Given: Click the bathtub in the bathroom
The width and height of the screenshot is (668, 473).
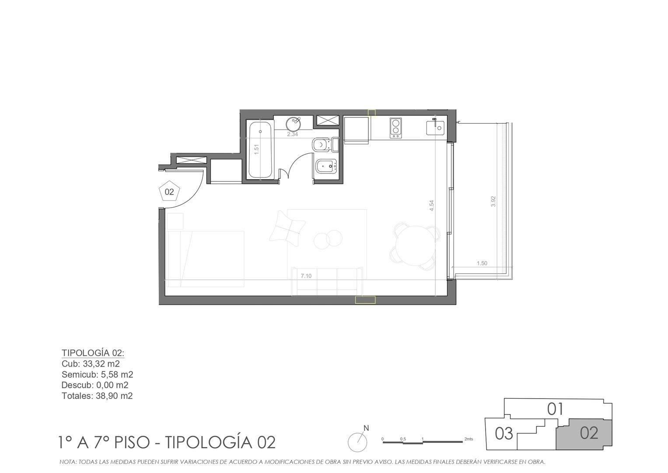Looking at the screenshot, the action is (x=260, y=150).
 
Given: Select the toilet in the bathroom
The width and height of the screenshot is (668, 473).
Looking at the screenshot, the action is (x=325, y=145).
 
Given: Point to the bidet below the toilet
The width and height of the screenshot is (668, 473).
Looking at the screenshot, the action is (x=325, y=166).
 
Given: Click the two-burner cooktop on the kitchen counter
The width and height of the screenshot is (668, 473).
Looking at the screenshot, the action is (x=396, y=128).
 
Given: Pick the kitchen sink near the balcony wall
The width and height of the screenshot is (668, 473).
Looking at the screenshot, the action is (x=435, y=127).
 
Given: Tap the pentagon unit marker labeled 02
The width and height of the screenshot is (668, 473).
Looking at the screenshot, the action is (x=169, y=191).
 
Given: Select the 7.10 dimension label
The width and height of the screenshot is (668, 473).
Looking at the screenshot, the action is (x=306, y=276).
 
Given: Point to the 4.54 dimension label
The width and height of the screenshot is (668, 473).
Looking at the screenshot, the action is (x=431, y=205).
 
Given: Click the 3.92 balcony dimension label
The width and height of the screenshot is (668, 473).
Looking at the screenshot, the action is (x=493, y=201).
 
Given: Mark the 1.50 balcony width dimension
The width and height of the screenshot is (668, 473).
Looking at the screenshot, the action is (x=482, y=263).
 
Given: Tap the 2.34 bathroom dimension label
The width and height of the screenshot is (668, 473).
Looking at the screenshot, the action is (x=292, y=134).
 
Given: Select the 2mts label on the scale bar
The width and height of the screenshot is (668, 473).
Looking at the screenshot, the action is (x=469, y=439).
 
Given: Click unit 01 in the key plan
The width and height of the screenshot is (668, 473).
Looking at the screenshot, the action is (x=555, y=409).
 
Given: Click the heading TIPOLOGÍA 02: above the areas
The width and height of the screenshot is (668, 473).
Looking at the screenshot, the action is (x=93, y=353).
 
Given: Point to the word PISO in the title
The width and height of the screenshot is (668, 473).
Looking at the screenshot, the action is (x=132, y=442).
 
